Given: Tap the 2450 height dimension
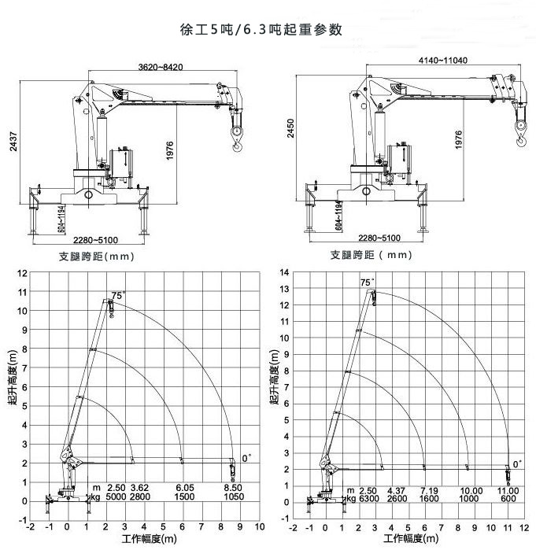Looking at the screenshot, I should tap(291, 138).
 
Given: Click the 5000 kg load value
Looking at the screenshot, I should tap(116, 498).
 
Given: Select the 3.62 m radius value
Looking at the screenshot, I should tap(140, 489).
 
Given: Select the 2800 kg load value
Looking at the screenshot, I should tap(140, 498).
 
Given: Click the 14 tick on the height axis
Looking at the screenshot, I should tap(286, 272).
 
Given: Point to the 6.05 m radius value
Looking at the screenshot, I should tap(186, 489).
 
